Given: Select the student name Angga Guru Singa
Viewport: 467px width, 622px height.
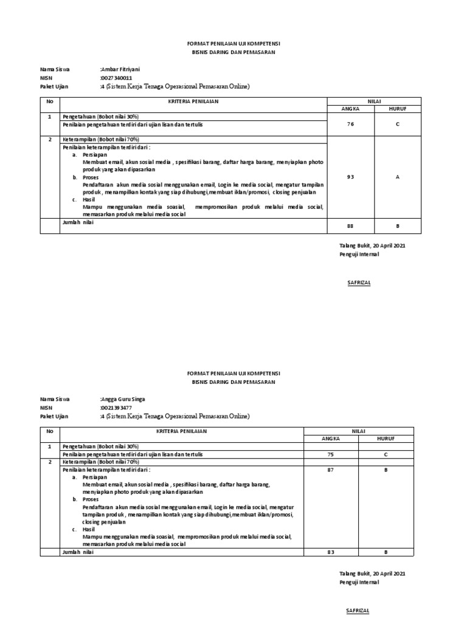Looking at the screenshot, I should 123,399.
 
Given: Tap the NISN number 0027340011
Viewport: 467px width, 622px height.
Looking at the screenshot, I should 116,78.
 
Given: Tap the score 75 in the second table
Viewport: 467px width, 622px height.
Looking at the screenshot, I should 330,453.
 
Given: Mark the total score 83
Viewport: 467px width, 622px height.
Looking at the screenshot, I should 330,552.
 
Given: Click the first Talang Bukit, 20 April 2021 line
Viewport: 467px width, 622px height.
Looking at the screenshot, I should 372,246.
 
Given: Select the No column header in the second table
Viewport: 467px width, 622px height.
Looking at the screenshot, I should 49,430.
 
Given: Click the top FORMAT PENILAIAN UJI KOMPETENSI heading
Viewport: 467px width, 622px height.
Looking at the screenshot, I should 233,44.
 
